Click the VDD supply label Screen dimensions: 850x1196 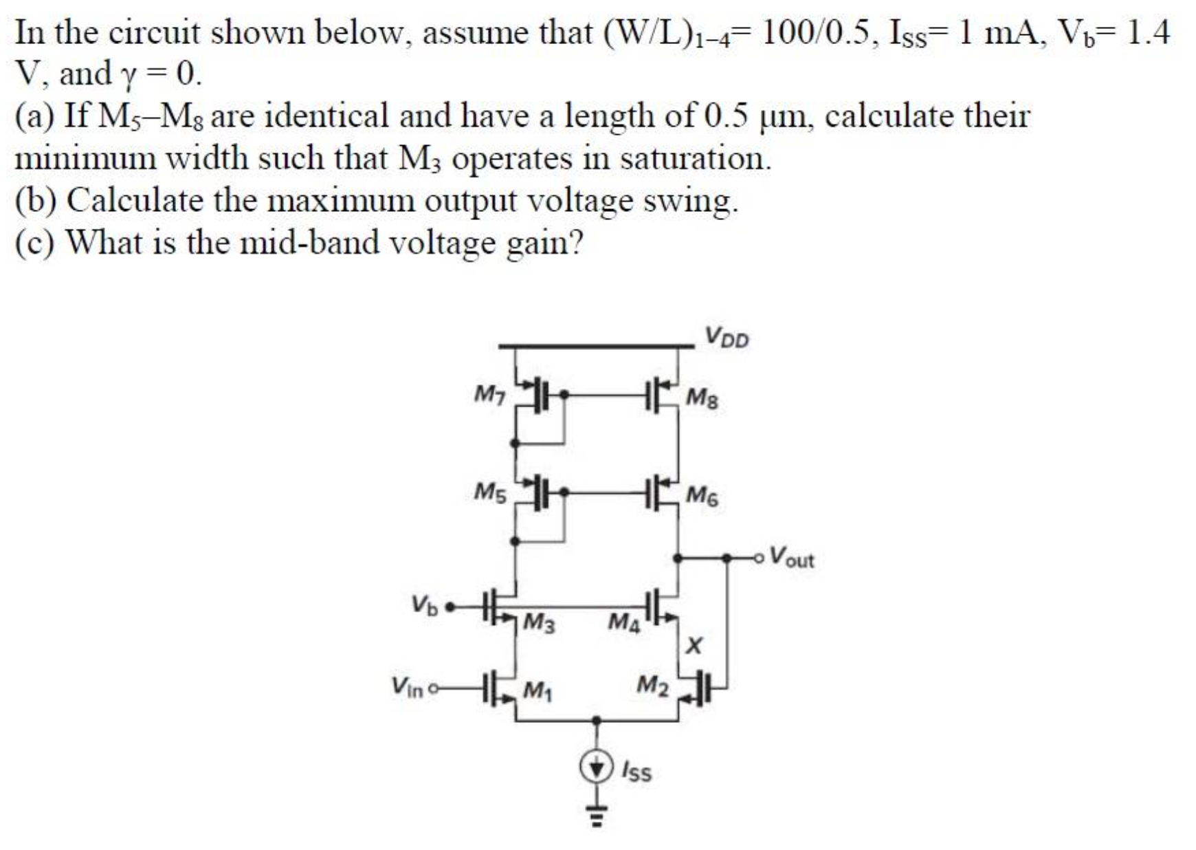coord(727,338)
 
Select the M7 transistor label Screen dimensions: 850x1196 coord(490,395)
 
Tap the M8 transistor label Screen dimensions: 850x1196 coord(702,398)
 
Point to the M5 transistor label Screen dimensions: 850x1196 coord(490,492)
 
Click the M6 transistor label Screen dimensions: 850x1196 coord(702,495)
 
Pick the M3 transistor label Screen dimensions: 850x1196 coord(539,624)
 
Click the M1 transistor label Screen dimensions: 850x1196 coord(539,688)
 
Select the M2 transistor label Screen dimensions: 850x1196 coord(652,685)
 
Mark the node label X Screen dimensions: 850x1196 coord(695,645)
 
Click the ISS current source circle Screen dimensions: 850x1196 coord(597,767)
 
